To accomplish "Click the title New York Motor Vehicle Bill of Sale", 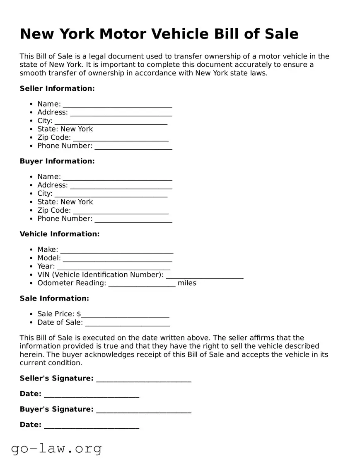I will click(159, 34).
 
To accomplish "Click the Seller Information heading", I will click(57, 88).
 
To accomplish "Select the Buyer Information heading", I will click(57, 161).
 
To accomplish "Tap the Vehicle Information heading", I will click(60, 234).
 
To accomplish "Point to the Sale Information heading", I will click(54, 298).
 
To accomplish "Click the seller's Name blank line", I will click(117, 104).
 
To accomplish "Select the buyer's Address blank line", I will click(121, 186).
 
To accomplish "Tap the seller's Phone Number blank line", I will click(133, 146).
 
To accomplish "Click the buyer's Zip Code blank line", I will click(121, 211).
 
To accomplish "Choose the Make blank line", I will click(117, 250).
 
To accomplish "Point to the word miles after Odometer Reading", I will click(187, 283).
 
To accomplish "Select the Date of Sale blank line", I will click(127, 323).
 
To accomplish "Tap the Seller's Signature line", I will click(143, 379).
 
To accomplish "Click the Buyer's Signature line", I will click(143, 410).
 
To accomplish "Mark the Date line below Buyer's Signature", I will click(91, 425).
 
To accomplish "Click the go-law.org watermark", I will click(56, 448).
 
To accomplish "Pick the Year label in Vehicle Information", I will click(46, 266).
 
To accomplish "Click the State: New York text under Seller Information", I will click(65, 129).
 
